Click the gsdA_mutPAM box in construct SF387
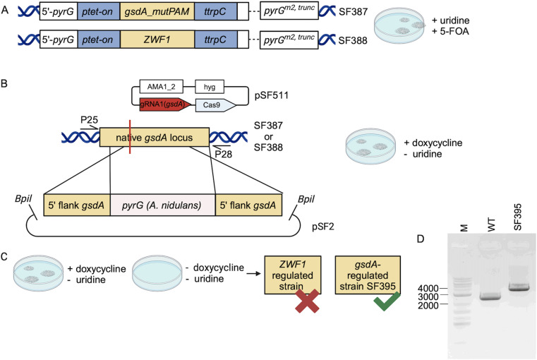pyautogui.click(x=157, y=11)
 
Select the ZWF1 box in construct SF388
pyautogui.click(x=157, y=40)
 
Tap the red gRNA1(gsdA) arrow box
pyautogui.click(x=165, y=104)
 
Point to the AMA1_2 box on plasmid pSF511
pyautogui.click(x=162, y=87)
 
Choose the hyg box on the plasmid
pyautogui.click(x=210, y=87)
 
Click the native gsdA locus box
pyautogui.click(x=155, y=138)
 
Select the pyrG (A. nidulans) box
pyautogui.click(x=163, y=205)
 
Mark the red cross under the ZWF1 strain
pyautogui.click(x=307, y=301)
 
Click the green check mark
pyautogui.click(x=387, y=301)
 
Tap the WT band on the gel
pyautogui.click(x=490, y=296)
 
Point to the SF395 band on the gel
pyautogui.click(x=519, y=287)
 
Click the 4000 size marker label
pyautogui.click(x=428, y=289)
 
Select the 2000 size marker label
pyautogui.click(x=428, y=305)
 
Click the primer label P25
pyautogui.click(x=89, y=120)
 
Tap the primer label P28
pyautogui.click(x=223, y=155)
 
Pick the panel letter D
pyautogui.click(x=421, y=239)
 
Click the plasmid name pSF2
pyautogui.click(x=323, y=227)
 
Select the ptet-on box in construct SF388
pyautogui.click(x=99, y=40)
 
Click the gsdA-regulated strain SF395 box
pyautogui.click(x=368, y=275)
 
